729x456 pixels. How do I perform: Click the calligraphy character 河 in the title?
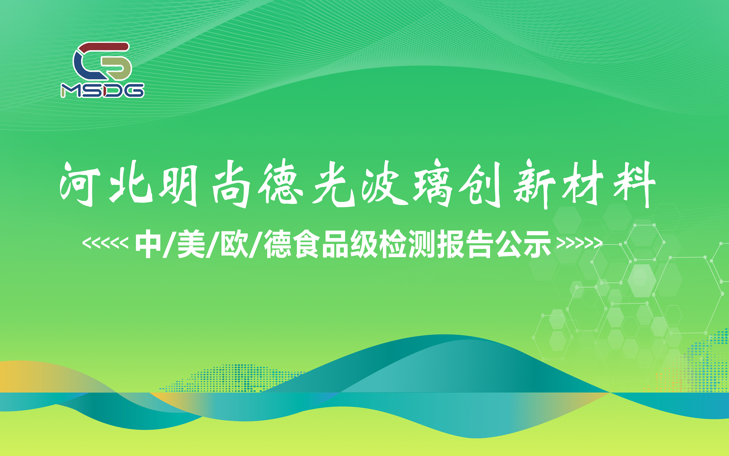80,184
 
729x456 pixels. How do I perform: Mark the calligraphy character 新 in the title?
534,184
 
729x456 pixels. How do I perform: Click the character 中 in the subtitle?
148,244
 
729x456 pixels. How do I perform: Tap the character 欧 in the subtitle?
234,244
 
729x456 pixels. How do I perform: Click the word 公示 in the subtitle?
523,244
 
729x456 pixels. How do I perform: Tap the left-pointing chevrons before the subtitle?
105,243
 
